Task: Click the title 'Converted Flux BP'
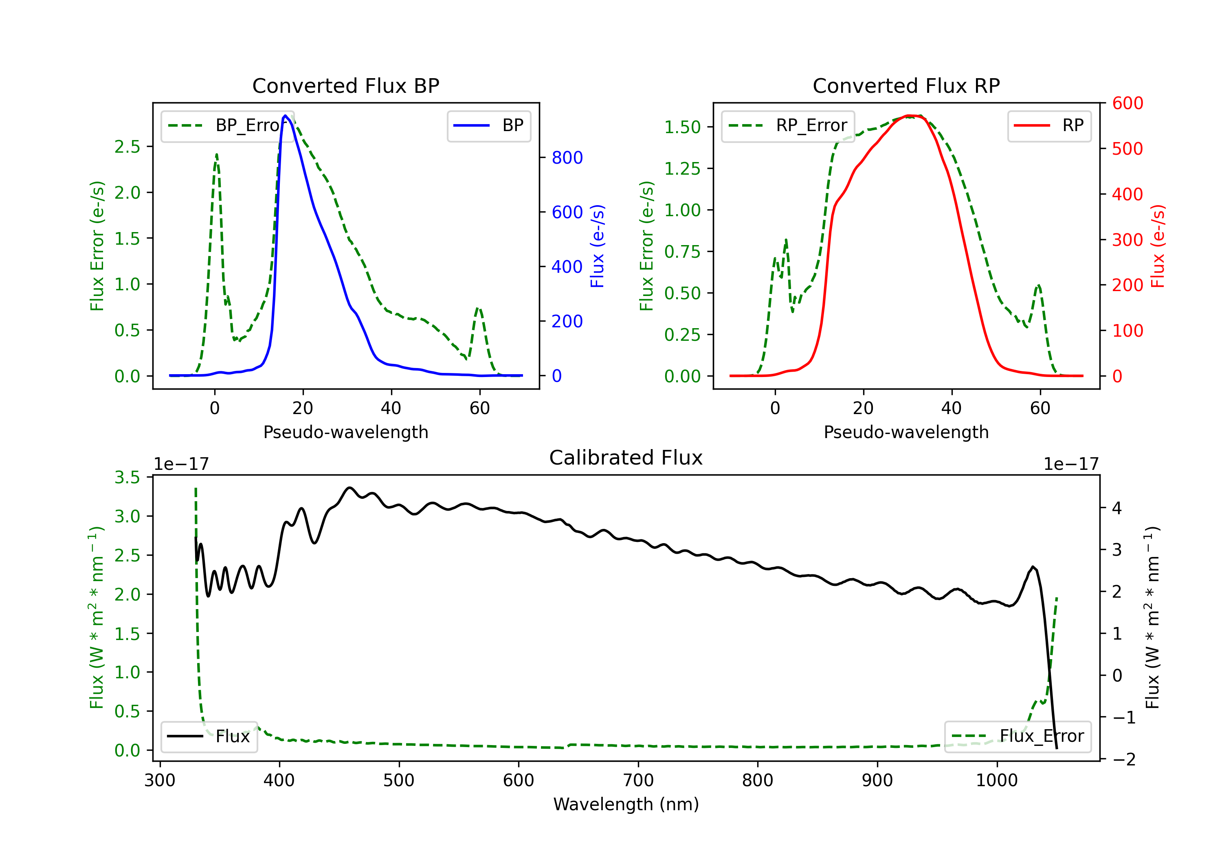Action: point(345,85)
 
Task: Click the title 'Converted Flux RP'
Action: point(906,85)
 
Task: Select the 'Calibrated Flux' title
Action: point(626,458)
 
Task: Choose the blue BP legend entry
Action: point(488,125)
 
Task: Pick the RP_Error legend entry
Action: point(788,125)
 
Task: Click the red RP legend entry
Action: point(1049,125)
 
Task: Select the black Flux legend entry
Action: point(209,737)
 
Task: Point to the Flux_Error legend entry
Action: point(1018,737)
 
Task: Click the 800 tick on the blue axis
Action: point(567,158)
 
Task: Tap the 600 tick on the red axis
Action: point(1127,103)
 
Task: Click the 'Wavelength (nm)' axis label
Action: point(626,805)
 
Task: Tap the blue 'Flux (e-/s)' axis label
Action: point(597,246)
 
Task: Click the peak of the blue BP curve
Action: point(285,116)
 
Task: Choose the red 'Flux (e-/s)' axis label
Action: point(1158,246)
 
